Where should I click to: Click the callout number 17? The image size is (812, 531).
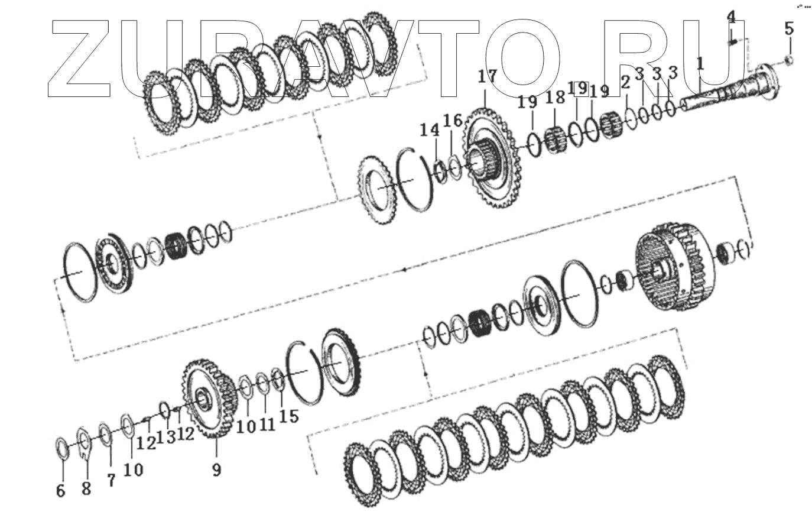487,76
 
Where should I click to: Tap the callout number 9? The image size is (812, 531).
216,470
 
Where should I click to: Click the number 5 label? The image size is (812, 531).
789,28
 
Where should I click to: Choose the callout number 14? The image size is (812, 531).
430,130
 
